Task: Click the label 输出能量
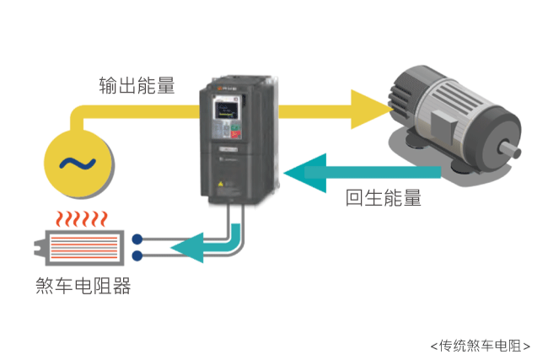(x=137, y=85)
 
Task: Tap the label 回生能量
(x=384, y=197)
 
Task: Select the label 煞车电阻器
(x=83, y=286)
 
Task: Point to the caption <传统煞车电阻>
(x=481, y=346)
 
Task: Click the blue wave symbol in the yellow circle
(x=78, y=164)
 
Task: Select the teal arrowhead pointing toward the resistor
(x=187, y=248)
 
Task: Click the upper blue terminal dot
(x=137, y=239)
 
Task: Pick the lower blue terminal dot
(x=137, y=255)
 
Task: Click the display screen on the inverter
(x=223, y=110)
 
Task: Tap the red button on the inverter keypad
(x=235, y=133)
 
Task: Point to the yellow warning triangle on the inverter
(x=221, y=184)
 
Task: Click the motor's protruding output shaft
(x=510, y=149)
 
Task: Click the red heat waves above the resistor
(x=82, y=219)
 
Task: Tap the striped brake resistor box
(x=84, y=248)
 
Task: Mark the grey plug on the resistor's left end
(x=40, y=247)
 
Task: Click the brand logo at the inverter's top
(x=227, y=89)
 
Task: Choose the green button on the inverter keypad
(x=235, y=126)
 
